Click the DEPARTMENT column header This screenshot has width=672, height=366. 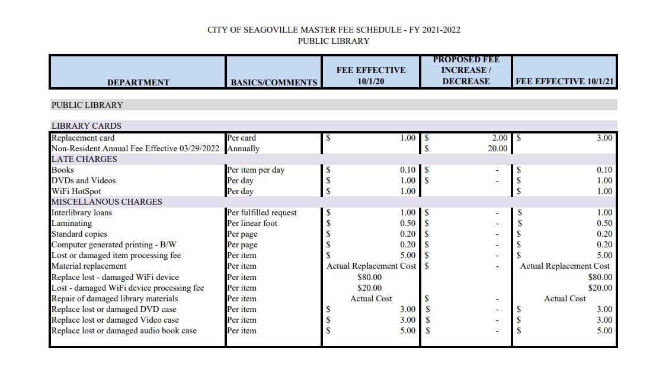tap(138, 82)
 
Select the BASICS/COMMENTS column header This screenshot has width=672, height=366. tap(274, 82)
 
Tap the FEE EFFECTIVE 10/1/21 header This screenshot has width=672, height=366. tap(564, 81)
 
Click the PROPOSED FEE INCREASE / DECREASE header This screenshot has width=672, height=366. tap(466, 71)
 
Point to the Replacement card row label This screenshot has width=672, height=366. tap(83, 138)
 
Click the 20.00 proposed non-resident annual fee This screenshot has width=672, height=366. tap(497, 148)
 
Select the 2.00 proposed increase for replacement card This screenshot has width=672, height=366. tap(500, 138)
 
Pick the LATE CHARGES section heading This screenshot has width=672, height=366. tap(84, 159)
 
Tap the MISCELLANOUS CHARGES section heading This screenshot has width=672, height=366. tap(107, 202)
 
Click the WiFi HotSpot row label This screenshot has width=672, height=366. tap(76, 191)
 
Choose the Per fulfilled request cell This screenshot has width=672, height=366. tap(262, 212)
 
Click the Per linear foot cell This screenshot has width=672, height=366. tap(252, 223)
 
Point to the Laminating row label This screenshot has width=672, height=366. tap(72, 223)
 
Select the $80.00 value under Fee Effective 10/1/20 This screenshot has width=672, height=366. tap(370, 277)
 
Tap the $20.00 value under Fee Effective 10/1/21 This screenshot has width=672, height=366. tap(600, 288)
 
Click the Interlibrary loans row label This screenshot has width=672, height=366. tap(82, 212)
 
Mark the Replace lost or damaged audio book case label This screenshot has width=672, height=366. tap(124, 330)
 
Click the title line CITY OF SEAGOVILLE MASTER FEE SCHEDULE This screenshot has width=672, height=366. tap(334, 30)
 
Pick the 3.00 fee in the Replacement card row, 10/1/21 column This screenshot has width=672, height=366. tap(604, 138)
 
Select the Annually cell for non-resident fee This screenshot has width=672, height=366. tap(243, 148)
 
